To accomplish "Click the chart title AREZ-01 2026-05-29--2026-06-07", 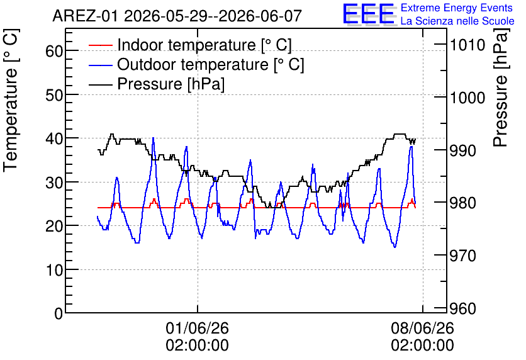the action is (177, 16).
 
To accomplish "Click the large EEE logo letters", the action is (369, 14).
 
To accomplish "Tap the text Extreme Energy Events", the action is (457, 8).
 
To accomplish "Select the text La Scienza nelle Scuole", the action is (457, 21).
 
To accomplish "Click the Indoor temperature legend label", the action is (204, 45).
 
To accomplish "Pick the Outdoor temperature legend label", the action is (211, 64).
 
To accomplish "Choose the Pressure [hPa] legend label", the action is (171, 84).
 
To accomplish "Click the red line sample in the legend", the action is (101, 45).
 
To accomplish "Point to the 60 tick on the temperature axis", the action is (54, 52).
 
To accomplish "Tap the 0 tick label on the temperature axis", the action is (59, 313).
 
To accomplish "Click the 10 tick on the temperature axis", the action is (54, 270).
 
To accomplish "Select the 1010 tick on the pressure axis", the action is (467, 45).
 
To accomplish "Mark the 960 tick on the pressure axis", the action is (462, 308).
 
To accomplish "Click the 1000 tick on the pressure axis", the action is (467, 98).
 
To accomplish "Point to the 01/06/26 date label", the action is (198, 328).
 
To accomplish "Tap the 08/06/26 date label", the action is (422, 328).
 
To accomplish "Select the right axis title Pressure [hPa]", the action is (501, 87).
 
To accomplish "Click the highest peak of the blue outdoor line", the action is (154, 138).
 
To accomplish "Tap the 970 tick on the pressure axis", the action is (462, 256).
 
